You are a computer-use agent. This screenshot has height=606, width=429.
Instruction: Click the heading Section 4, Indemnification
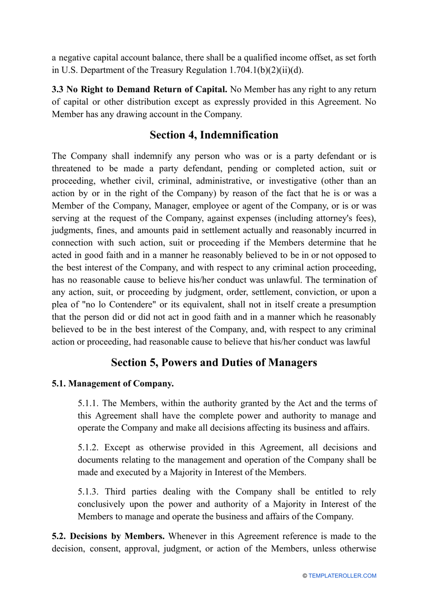coord(214,135)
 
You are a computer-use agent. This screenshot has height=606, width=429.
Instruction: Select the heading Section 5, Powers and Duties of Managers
coord(214,363)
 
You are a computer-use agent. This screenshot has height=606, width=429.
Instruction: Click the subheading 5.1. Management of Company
coord(112,383)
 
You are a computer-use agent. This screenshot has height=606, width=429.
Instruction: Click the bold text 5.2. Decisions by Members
coord(108,536)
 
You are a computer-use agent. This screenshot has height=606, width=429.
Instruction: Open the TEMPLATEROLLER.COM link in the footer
coord(342,576)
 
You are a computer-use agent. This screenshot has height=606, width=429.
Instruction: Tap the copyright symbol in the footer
coord(305,576)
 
